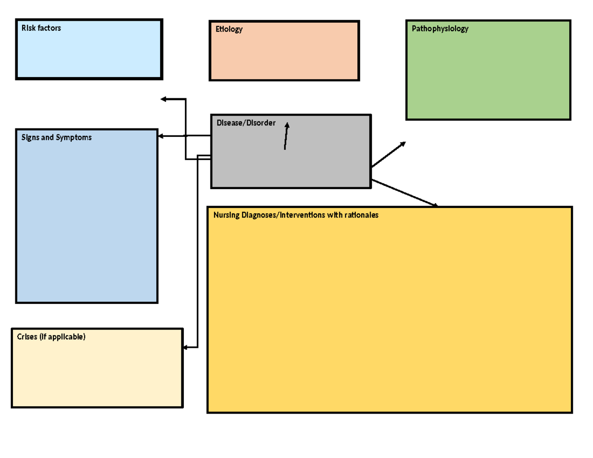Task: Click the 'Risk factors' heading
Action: coord(41,28)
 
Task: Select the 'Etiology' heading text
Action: coord(229,29)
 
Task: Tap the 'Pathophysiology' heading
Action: coord(440,29)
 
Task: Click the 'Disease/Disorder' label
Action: coord(246,123)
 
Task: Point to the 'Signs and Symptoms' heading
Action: coord(56,137)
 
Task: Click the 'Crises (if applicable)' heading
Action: coord(51,336)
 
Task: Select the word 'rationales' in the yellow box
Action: coord(360,215)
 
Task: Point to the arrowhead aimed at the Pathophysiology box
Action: coord(403,144)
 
